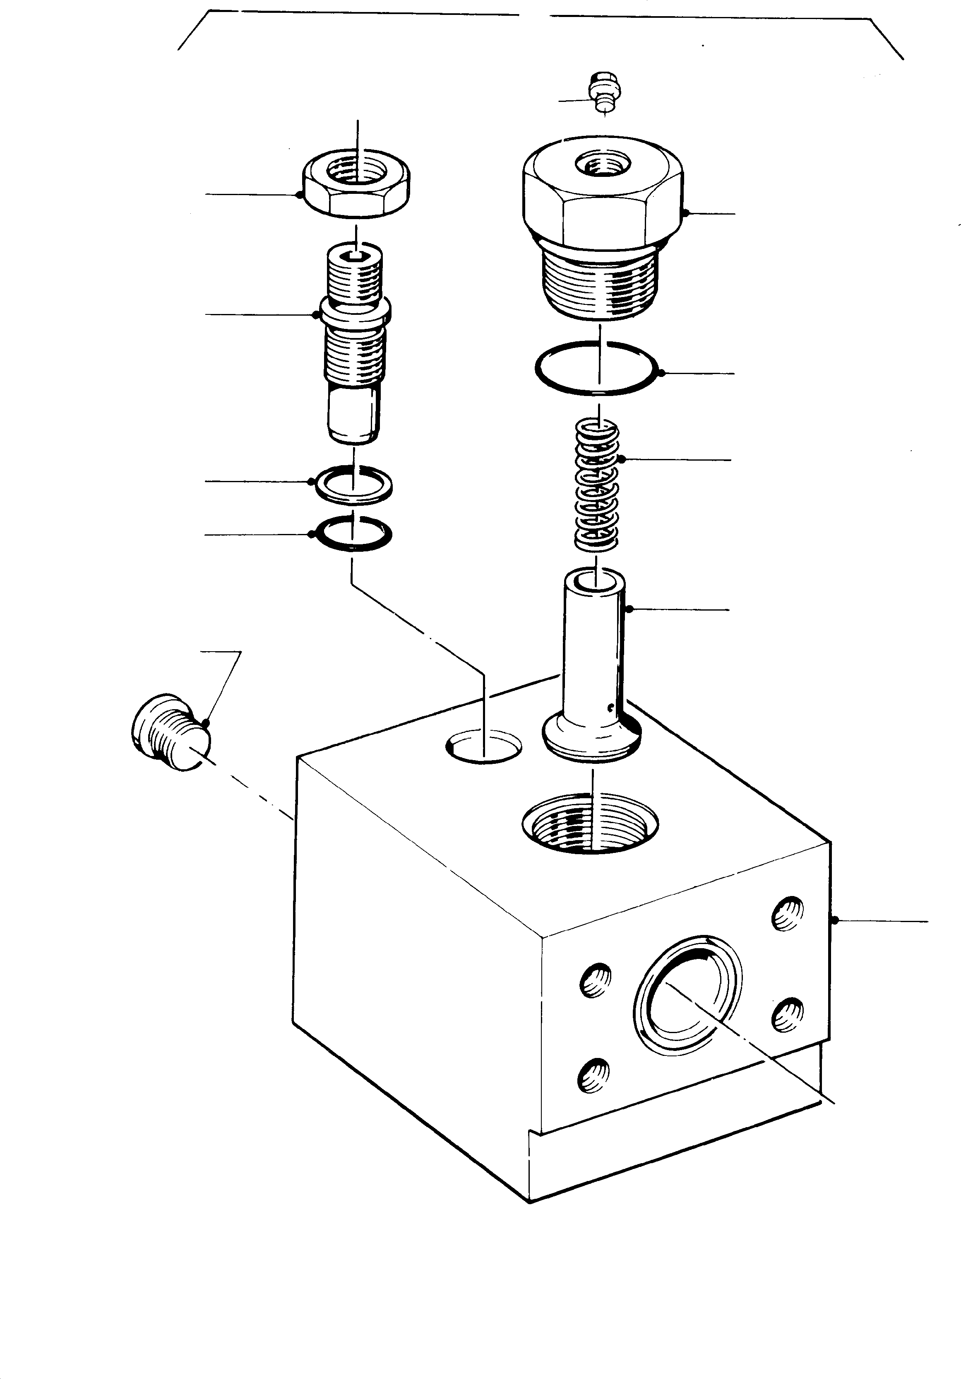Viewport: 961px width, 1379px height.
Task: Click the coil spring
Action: point(597,485)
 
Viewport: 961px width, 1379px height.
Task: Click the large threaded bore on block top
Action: point(591,823)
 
